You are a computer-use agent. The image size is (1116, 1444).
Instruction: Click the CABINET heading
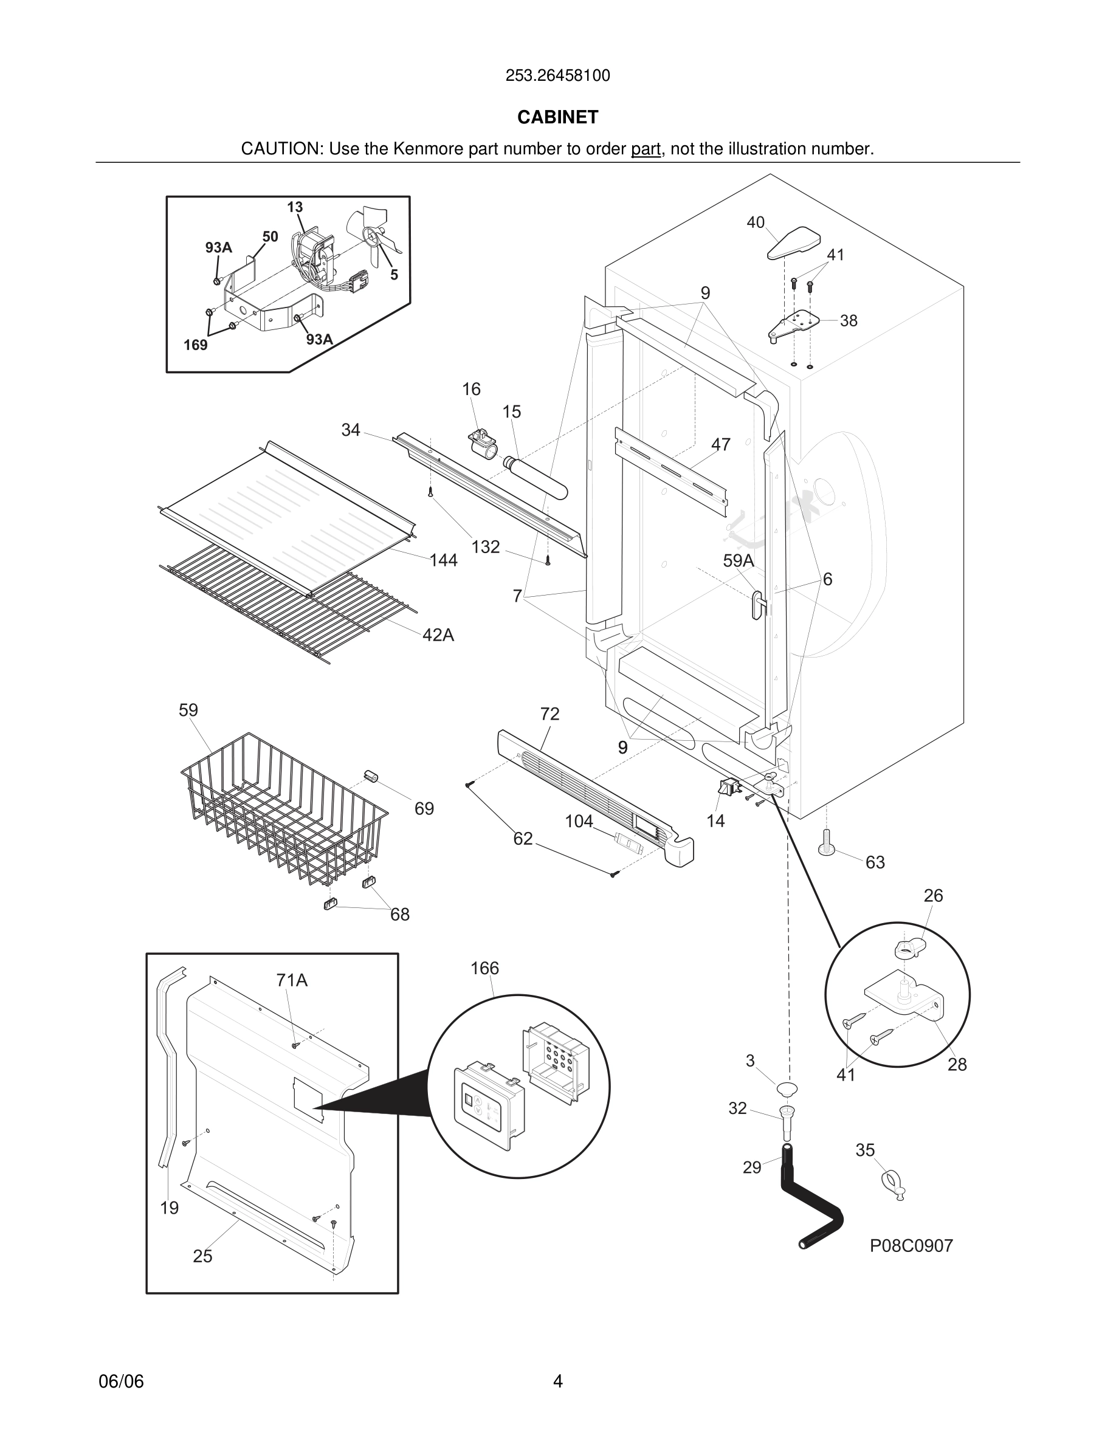pos(557,117)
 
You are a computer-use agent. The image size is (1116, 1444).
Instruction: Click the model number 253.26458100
pos(557,76)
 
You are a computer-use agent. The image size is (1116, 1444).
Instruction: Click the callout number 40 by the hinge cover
pos(755,223)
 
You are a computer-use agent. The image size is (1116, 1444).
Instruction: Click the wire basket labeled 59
pos(284,806)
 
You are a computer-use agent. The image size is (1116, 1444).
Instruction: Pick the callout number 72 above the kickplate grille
pos(549,714)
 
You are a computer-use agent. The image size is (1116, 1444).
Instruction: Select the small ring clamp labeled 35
pos(892,1181)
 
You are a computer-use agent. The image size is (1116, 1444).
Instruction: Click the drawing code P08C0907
pos(911,1246)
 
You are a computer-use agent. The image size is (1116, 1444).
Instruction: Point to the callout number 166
pos(484,969)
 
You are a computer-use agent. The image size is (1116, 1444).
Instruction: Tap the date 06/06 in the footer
pos(121,1381)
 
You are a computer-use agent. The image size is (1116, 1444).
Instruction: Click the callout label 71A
pos(292,980)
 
